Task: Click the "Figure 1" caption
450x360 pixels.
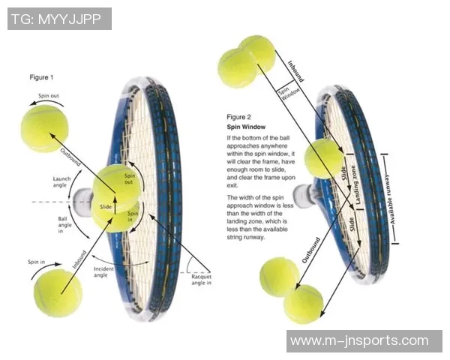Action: (x=41, y=77)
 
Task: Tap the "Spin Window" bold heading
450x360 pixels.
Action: (x=244, y=127)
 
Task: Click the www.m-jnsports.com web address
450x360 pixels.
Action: (x=364, y=340)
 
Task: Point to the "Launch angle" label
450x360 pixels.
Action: (x=62, y=183)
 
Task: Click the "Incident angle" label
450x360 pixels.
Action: (x=103, y=271)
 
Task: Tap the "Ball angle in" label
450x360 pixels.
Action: (x=66, y=226)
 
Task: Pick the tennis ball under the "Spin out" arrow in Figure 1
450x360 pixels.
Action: (x=44, y=127)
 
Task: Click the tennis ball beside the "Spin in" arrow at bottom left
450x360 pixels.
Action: (x=58, y=293)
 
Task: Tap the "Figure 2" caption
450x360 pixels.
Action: (x=239, y=117)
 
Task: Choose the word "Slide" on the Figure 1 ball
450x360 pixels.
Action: (x=106, y=206)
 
